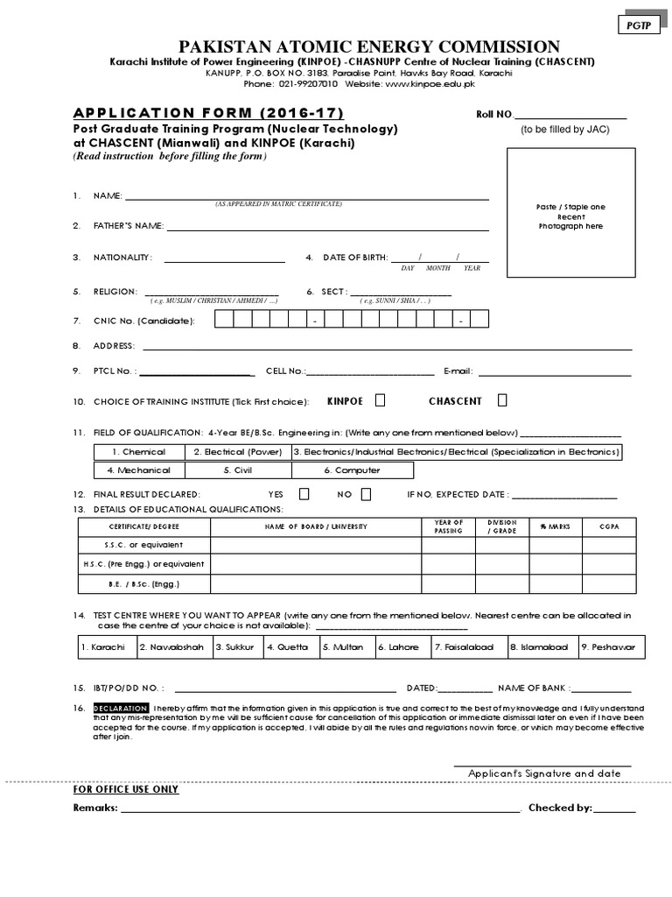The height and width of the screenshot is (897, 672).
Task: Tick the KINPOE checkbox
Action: pyautogui.click(x=380, y=400)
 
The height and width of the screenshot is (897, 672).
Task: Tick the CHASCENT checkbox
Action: pyautogui.click(x=502, y=400)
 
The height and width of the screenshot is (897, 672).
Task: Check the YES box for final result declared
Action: pyautogui.click(x=304, y=494)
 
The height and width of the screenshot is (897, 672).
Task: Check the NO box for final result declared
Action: pyautogui.click(x=365, y=494)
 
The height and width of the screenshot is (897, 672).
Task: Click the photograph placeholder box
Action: pyautogui.click(x=570, y=215)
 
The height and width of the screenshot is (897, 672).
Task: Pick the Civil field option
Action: pyautogui.click(x=237, y=470)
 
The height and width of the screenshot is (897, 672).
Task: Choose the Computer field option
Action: pyautogui.click(x=352, y=470)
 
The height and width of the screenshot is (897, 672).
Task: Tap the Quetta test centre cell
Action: pyautogui.click(x=288, y=647)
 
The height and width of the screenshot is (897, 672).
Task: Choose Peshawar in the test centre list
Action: pyautogui.click(x=612, y=647)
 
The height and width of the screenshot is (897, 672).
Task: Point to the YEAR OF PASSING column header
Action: pyautogui.click(x=448, y=526)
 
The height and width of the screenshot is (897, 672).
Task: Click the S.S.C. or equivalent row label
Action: pyautogui.click(x=144, y=545)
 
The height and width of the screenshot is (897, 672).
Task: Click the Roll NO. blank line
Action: pyautogui.click(x=570, y=115)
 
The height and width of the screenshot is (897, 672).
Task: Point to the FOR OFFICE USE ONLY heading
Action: pyautogui.click(x=126, y=789)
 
